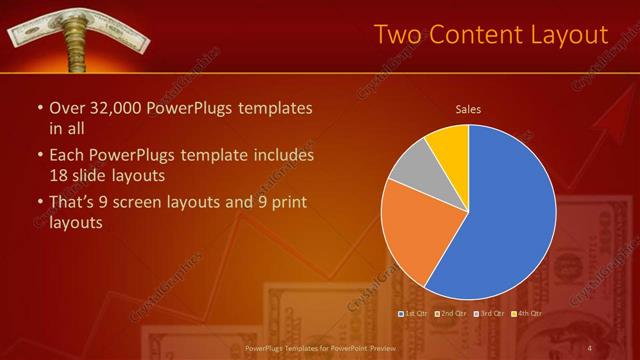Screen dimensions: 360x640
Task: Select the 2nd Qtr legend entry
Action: point(452,313)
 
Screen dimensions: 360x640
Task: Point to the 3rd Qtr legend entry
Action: point(490,313)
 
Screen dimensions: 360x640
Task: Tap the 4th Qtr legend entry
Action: point(527,313)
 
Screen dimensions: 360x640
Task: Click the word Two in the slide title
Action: point(397,34)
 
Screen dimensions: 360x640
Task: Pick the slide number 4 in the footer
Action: point(590,348)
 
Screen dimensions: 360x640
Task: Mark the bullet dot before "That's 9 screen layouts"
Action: point(39,203)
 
